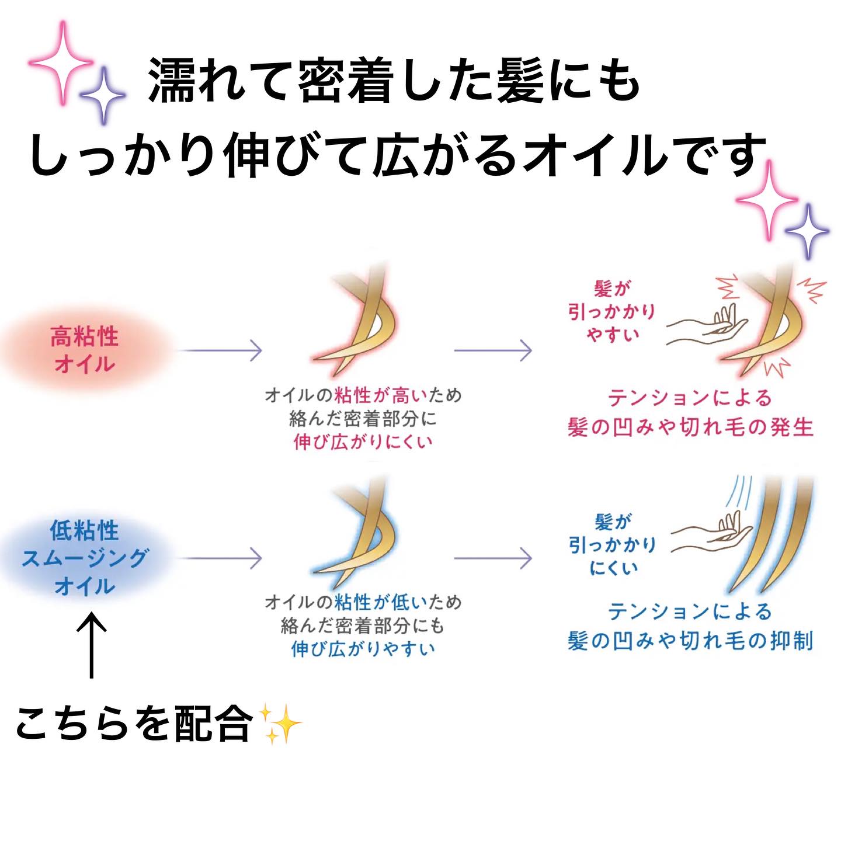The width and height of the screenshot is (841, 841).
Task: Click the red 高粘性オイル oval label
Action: (85, 350)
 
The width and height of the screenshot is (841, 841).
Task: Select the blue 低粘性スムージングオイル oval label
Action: (85, 558)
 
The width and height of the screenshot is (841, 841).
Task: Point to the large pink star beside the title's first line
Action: (61, 62)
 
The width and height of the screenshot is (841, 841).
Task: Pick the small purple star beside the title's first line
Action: (103, 95)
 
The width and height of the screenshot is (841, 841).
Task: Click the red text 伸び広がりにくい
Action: (363, 442)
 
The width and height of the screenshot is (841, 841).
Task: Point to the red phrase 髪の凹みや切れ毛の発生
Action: (690, 427)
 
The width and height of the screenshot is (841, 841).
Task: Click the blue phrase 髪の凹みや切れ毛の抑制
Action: (690, 641)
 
